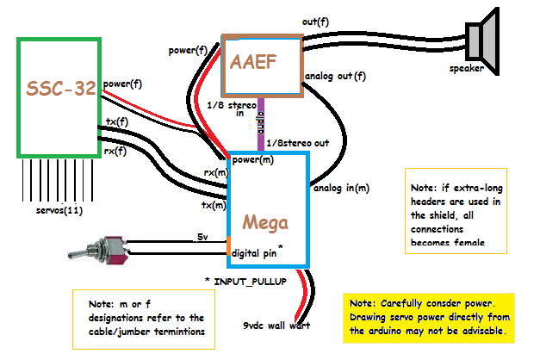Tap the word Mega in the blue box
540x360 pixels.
click(265, 221)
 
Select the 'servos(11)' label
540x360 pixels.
click(49, 209)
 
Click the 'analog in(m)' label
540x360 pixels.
click(342, 188)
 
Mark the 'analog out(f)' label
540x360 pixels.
click(335, 78)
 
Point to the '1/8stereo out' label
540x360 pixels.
click(298, 142)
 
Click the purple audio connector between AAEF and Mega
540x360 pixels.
click(261, 125)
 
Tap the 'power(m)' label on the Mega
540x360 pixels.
click(254, 160)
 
